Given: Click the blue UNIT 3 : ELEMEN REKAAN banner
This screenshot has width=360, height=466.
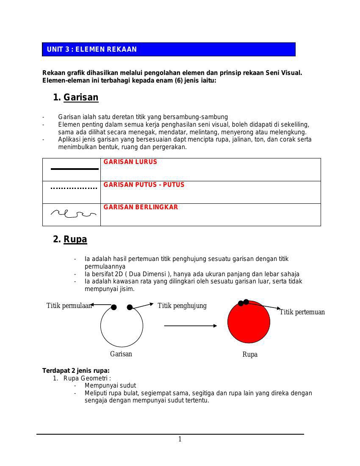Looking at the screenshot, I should click(169, 50).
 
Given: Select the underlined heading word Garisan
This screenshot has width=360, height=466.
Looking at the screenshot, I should click(81, 97).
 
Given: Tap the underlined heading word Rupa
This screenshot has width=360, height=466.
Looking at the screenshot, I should click(75, 239).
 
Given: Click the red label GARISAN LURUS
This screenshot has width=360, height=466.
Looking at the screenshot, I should click(130, 162).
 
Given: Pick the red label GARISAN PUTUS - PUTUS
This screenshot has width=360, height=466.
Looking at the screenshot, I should click(144, 185).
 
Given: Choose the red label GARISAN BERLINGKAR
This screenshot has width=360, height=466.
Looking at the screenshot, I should click(141, 207).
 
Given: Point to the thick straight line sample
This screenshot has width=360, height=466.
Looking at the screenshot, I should click(75, 169).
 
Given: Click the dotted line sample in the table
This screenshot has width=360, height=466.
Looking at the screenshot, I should click(74, 188).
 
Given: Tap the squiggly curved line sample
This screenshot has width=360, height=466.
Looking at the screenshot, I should click(73, 214).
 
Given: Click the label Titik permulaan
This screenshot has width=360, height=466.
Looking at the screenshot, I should click(69, 306).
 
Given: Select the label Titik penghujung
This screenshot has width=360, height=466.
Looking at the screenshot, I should click(182, 305).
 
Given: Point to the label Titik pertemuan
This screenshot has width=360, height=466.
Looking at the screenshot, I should click(302, 312).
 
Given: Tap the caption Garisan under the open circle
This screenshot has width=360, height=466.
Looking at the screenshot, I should click(121, 354).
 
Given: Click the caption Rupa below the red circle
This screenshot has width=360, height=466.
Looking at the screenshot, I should click(250, 355).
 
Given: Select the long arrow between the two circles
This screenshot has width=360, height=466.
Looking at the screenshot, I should click(190, 326).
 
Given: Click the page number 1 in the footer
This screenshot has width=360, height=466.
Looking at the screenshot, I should click(180, 439).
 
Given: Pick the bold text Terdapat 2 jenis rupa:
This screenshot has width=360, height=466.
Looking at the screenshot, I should click(76, 371).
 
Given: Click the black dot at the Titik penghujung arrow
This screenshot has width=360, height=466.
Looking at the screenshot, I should click(130, 307).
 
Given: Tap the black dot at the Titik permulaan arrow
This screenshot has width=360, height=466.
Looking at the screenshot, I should click(114, 307).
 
